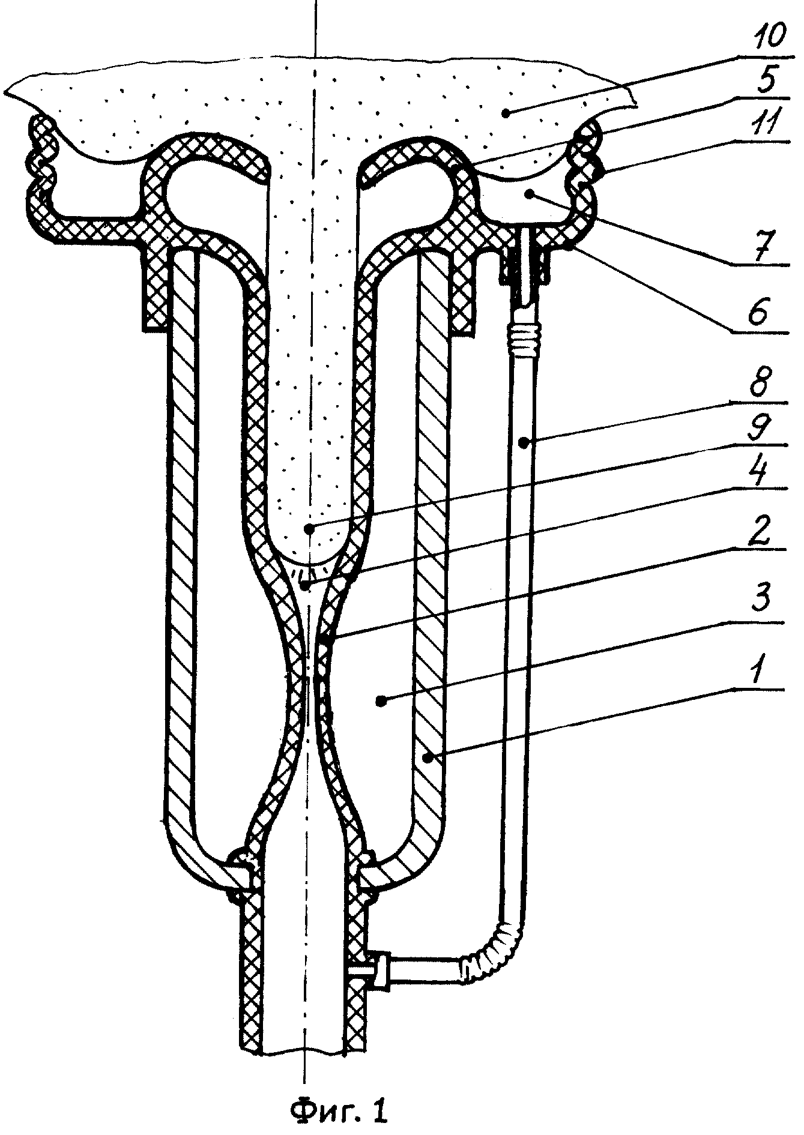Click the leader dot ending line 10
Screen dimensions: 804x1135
[508, 111]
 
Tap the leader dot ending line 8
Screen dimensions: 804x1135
[524, 443]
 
